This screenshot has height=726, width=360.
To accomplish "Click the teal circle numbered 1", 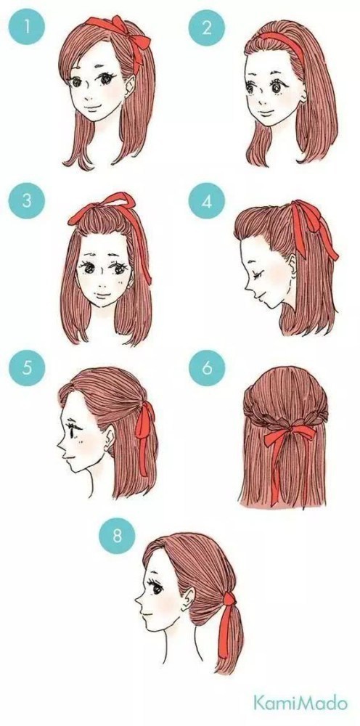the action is click(27, 27).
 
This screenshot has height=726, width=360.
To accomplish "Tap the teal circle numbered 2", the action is click(206, 27).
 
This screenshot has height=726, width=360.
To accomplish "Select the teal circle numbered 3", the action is click(27, 202).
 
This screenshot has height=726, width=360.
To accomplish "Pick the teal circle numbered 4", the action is click(206, 202).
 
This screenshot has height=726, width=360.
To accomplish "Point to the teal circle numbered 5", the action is click(27, 369).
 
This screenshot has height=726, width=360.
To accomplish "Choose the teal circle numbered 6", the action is click(206, 369).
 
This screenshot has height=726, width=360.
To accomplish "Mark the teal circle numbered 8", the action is click(117, 537).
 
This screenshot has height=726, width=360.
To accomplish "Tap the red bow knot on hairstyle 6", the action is click(288, 433).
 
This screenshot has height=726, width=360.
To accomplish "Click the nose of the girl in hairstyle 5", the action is click(61, 446).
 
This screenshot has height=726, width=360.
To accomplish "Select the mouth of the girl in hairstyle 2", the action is click(263, 113).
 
